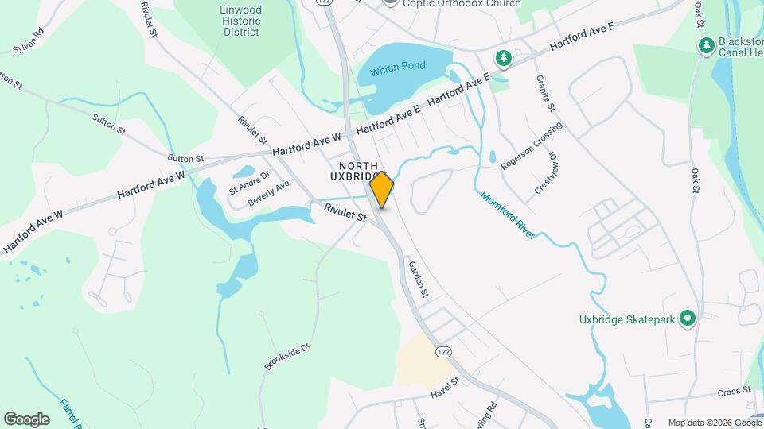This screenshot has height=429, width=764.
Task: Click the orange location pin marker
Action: click(x=382, y=190)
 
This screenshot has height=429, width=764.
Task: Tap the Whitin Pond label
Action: click(x=402, y=66)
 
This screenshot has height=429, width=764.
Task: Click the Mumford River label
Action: click(x=506, y=214)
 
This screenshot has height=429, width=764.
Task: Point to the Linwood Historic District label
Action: click(x=240, y=21)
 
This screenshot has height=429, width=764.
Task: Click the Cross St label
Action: click(x=735, y=391)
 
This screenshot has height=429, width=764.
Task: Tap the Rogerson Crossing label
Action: click(x=532, y=145)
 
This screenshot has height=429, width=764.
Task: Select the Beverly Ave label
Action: click(x=268, y=193)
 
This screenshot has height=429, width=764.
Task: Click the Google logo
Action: click(x=26, y=419)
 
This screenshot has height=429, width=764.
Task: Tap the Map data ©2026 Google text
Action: click(x=713, y=423)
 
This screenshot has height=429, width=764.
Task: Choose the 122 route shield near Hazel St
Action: click(x=442, y=350)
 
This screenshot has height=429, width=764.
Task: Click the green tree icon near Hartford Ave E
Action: click(x=503, y=57)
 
